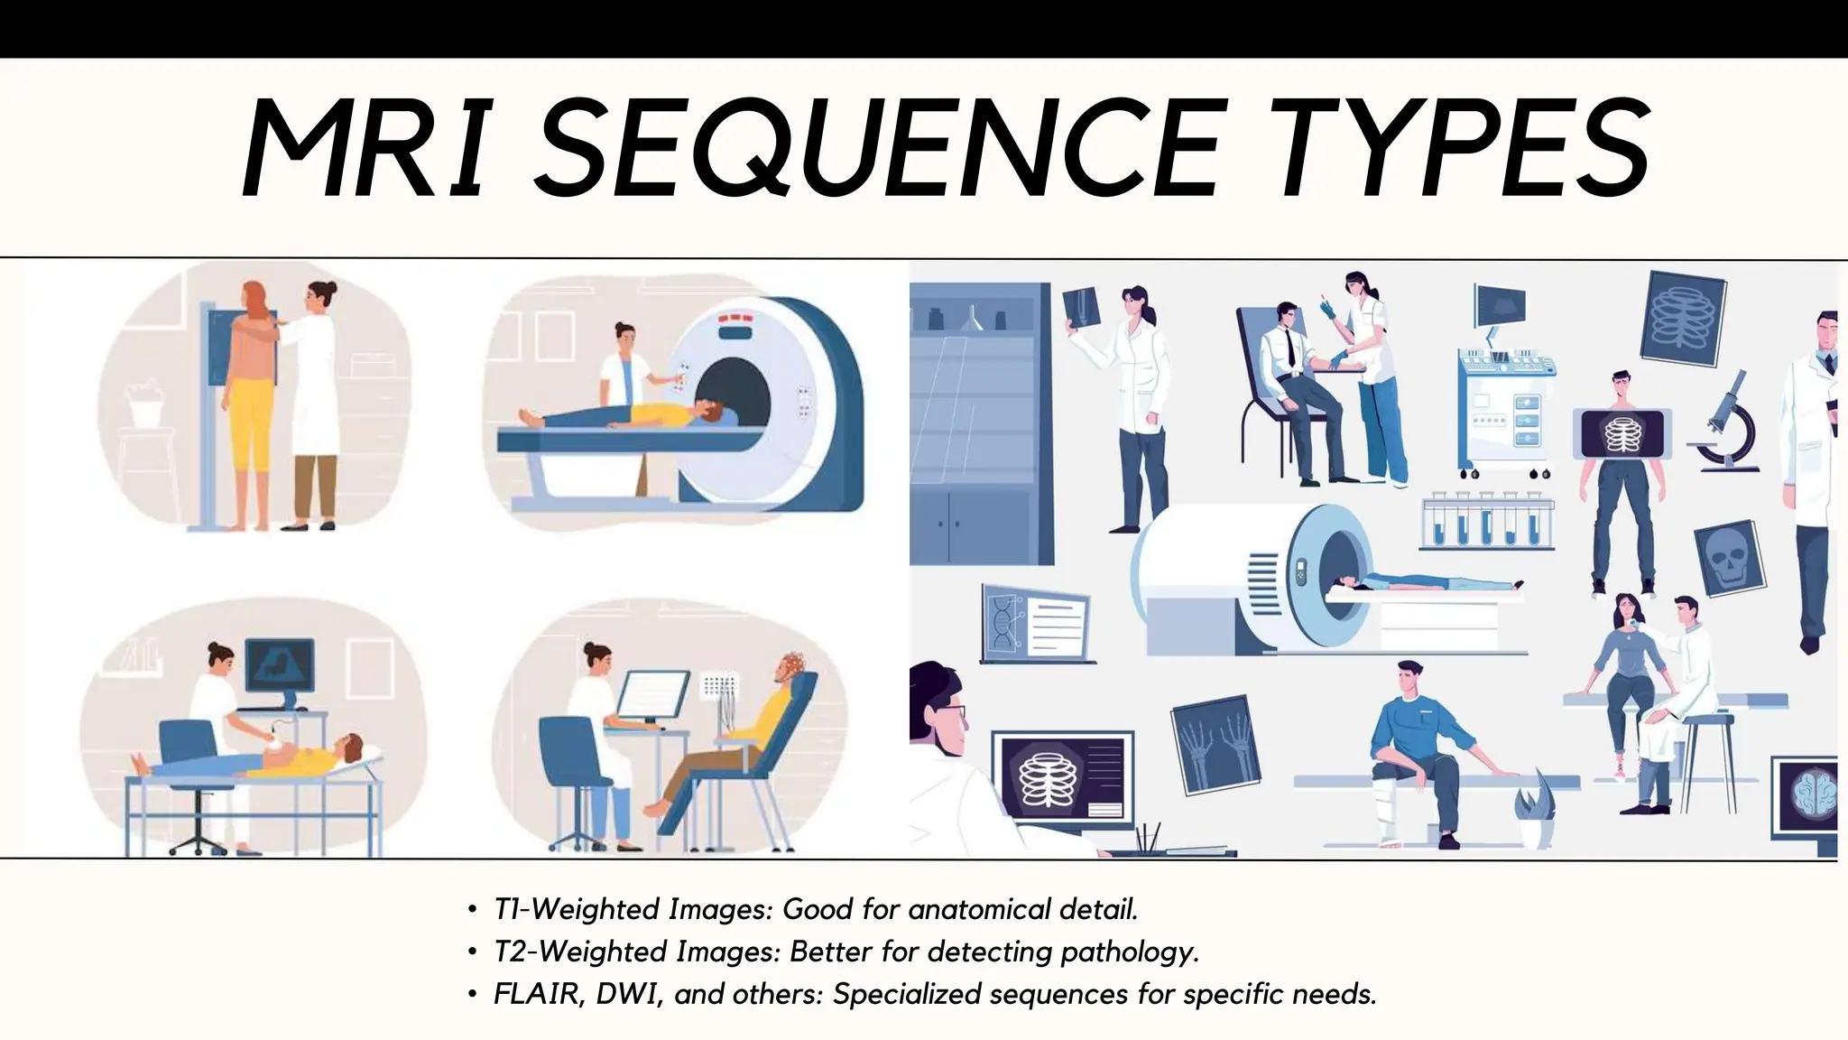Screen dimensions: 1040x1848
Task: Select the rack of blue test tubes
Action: click(1486, 522)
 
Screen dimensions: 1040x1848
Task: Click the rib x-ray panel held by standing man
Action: click(1622, 433)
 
